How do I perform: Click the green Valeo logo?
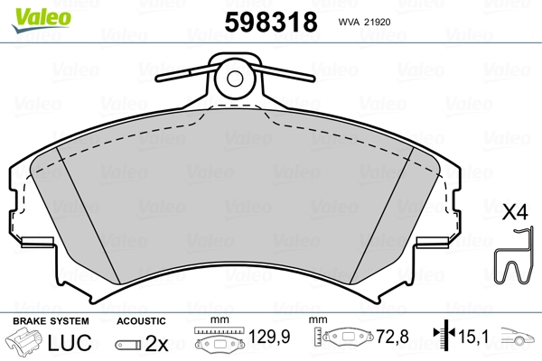pos(42,20)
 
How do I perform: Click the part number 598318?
pos(271,22)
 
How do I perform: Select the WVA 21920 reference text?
pos(364,22)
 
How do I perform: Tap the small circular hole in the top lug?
pos(235,79)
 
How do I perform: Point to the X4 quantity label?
pos(515,212)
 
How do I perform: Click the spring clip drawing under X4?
pos(512,255)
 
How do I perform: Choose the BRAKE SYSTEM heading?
pos(51,321)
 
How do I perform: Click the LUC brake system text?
pos(70,342)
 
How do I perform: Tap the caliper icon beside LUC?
pos(24,342)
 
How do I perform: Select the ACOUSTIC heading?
pos(141,321)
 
